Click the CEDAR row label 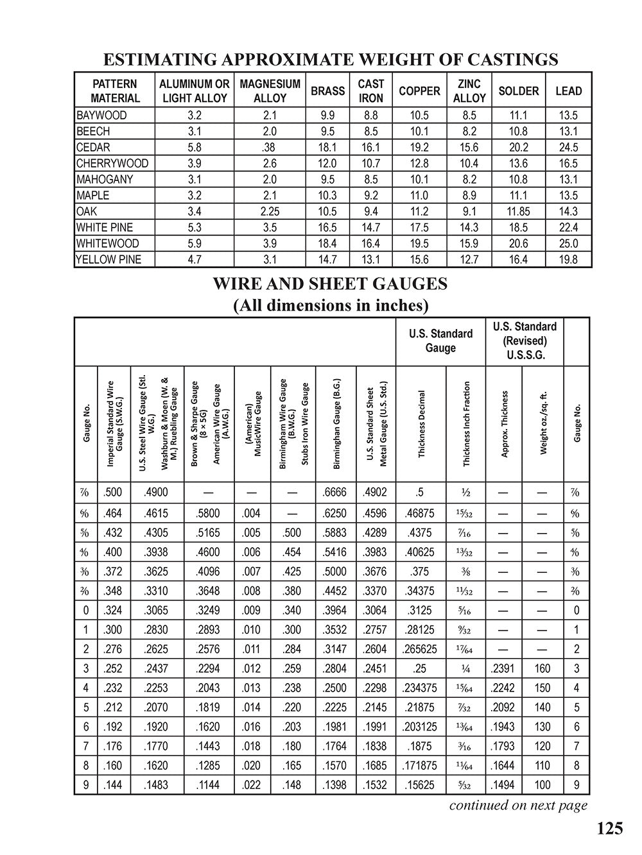(x=93, y=148)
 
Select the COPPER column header (x=419, y=91)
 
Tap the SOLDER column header (x=518, y=91)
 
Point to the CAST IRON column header (x=370, y=91)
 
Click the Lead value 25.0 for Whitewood (x=568, y=244)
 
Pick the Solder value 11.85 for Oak (x=518, y=212)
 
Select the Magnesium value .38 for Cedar (x=270, y=148)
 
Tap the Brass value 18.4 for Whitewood (x=327, y=244)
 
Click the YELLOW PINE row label (x=108, y=260)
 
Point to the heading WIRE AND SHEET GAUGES (x=331, y=284)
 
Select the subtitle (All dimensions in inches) (x=331, y=305)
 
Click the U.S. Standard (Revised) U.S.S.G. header (x=525, y=341)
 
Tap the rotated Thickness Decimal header (x=422, y=424)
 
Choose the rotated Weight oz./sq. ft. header (x=543, y=424)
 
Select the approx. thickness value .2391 (x=504, y=668)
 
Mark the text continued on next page (x=518, y=806)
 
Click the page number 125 (x=609, y=829)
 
